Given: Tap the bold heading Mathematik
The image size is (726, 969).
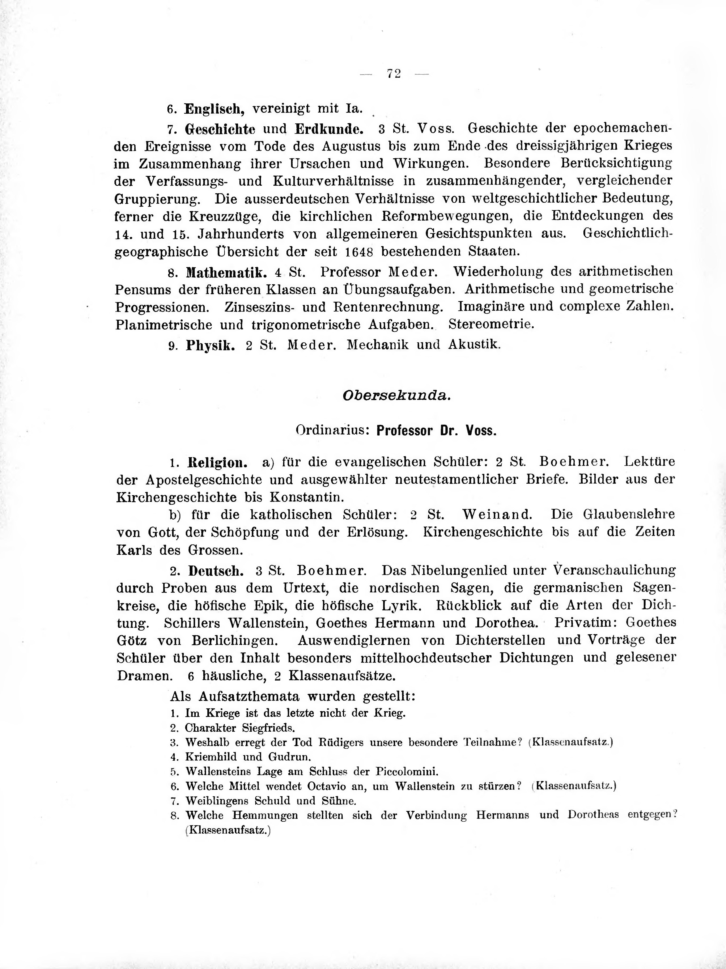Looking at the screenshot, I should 227,272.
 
